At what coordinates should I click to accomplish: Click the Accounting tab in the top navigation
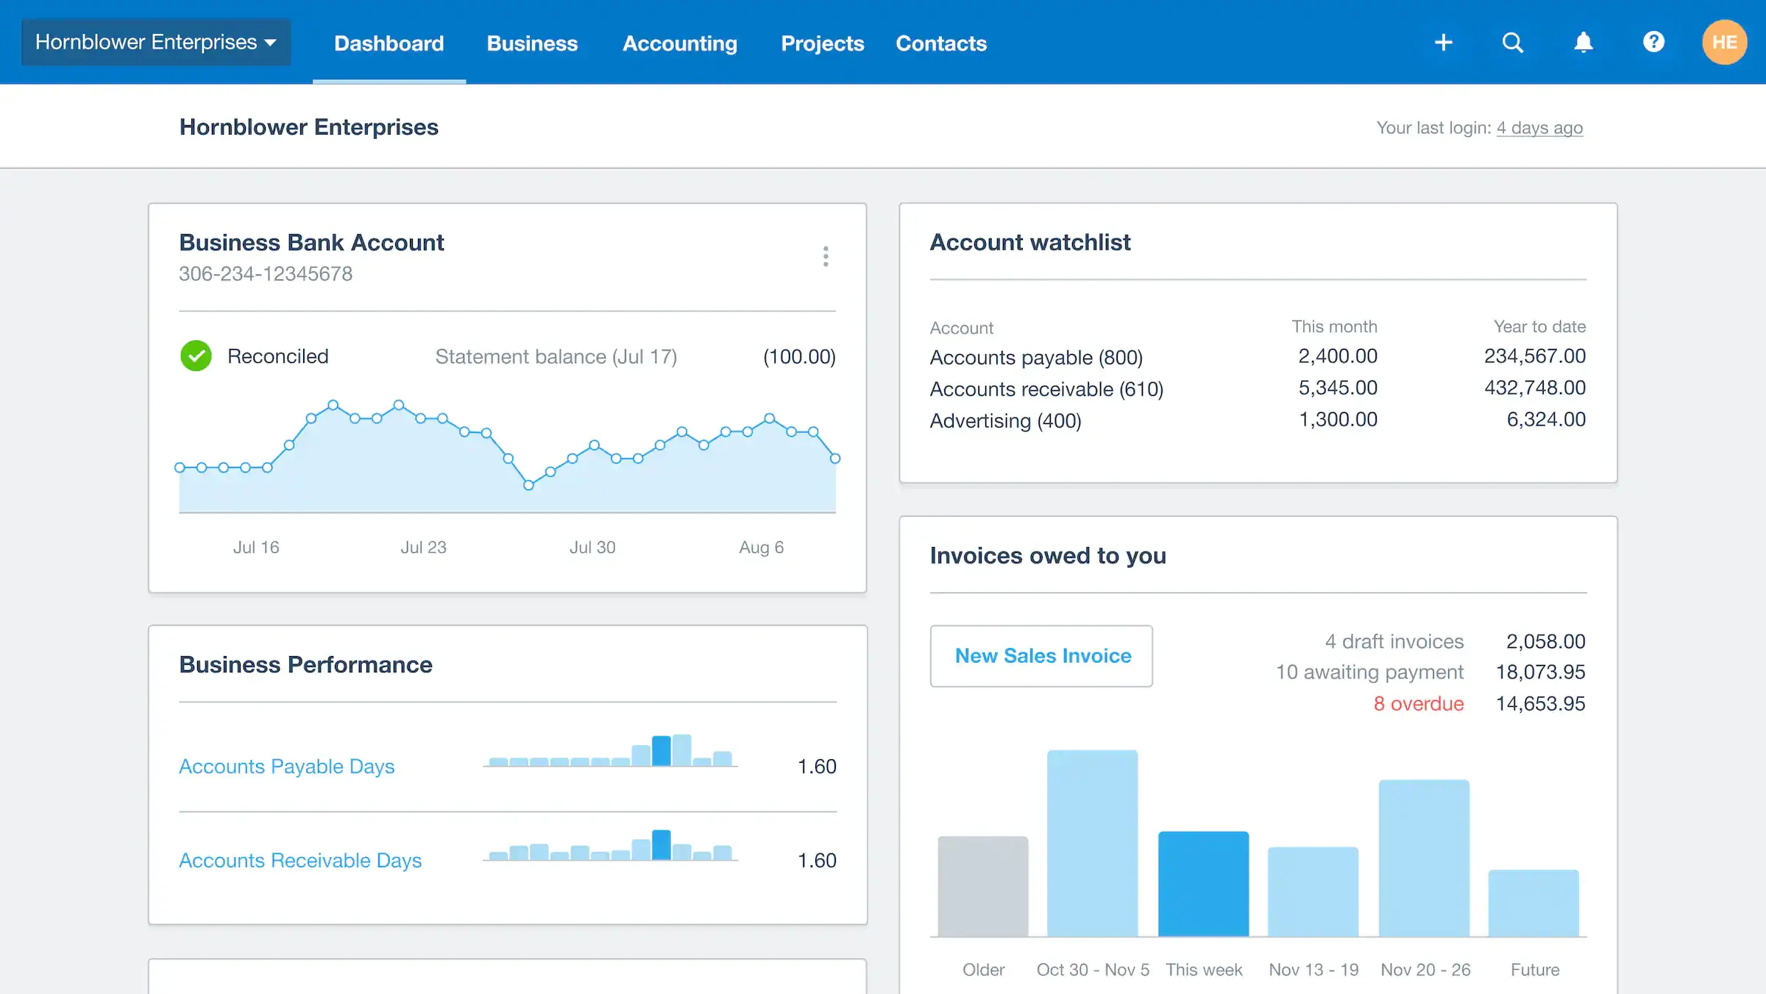679,43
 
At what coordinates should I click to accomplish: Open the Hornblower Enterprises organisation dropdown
156,42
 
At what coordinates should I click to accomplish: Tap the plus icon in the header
1443,42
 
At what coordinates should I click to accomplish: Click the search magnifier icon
1512,42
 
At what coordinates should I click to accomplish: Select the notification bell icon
1583,42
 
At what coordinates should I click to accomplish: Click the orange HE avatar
1724,42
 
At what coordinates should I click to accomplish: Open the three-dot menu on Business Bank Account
826,256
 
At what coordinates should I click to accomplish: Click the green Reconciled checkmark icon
196,356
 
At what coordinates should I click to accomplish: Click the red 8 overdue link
1418,704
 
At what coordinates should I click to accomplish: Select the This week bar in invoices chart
1203,884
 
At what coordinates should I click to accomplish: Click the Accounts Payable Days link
286,766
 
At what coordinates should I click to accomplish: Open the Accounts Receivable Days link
299,861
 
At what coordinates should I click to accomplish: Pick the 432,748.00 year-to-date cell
1534,388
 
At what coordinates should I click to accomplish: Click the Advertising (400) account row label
1005,420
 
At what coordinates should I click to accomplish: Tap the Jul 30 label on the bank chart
592,547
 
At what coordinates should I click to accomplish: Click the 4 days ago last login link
1539,128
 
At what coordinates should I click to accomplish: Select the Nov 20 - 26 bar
1424,858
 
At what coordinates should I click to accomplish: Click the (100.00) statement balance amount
798,357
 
